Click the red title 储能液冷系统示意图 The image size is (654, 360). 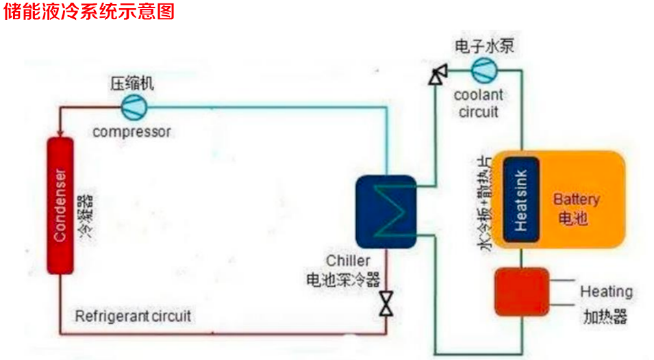pyautogui.click(x=89, y=12)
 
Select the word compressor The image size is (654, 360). pyautogui.click(x=131, y=131)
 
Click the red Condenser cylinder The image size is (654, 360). pyautogui.click(x=60, y=205)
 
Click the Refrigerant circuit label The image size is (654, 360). pyautogui.click(x=133, y=316)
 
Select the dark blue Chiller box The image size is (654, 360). pyautogui.click(x=386, y=211)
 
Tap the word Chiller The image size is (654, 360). pyautogui.click(x=348, y=261)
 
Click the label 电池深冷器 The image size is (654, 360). pyautogui.click(x=342, y=279)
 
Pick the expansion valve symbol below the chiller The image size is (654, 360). pyautogui.click(x=387, y=304)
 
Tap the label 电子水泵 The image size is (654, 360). pyautogui.click(x=484, y=47)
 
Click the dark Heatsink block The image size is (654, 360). pyautogui.click(x=520, y=199)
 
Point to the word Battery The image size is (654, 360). pyautogui.click(x=576, y=200)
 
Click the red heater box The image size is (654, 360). pyautogui.click(x=523, y=292)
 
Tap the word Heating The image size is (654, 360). pyautogui.click(x=606, y=292)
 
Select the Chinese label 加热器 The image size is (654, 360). pyautogui.click(x=605, y=317)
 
